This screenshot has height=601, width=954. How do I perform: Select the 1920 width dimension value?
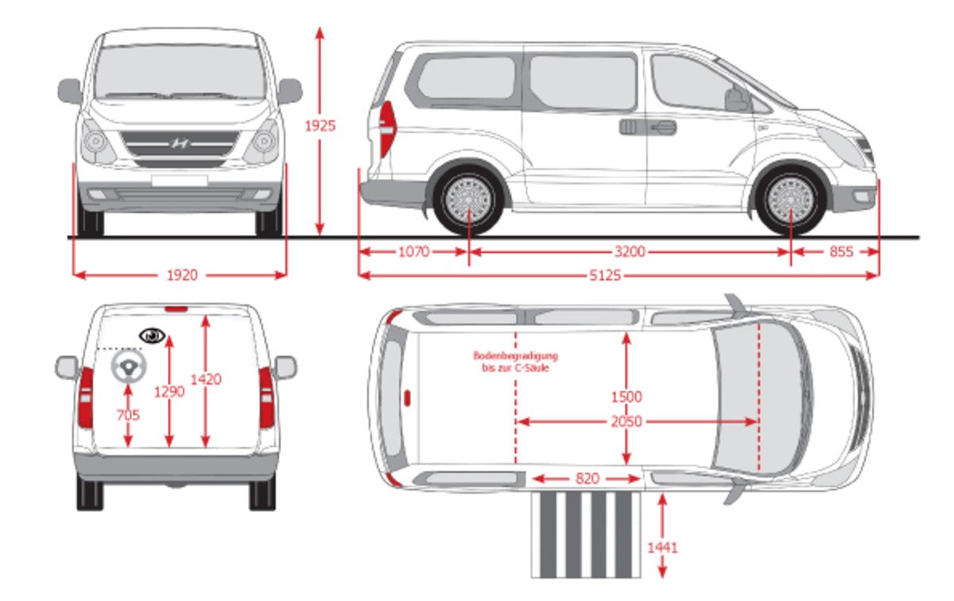(x=181, y=275)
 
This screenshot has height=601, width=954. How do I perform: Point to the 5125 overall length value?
(x=605, y=275)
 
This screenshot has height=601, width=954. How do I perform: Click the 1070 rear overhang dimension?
(x=413, y=252)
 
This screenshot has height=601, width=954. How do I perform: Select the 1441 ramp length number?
(x=662, y=547)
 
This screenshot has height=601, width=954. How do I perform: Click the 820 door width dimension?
(x=586, y=479)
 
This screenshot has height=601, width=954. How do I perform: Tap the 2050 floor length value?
(x=626, y=422)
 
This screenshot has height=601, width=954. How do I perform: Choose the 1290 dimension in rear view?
(x=169, y=392)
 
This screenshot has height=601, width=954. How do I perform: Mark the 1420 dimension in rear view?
(x=206, y=379)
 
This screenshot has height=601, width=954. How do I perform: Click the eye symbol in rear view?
(x=151, y=335)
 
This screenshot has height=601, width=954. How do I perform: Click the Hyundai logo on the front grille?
(x=180, y=144)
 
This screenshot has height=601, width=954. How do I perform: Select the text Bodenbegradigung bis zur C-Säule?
(x=515, y=362)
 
